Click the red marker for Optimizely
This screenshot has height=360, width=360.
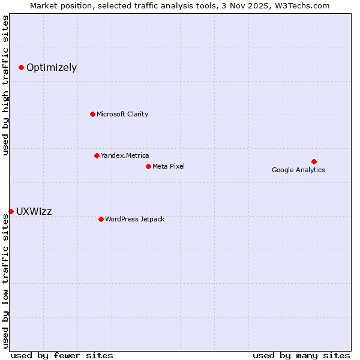pyautogui.click(x=21, y=67)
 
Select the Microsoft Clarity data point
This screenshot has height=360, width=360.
pyautogui.click(x=92, y=114)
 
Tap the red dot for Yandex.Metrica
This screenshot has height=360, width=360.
pyautogui.click(x=97, y=155)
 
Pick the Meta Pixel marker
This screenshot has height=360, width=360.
pyautogui.click(x=148, y=166)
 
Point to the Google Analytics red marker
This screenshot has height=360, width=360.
pyautogui.click(x=314, y=161)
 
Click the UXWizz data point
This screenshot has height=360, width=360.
pyautogui.click(x=11, y=211)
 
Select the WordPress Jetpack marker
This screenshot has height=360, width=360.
pyautogui.click(x=101, y=219)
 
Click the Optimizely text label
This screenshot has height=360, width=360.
pyautogui.click(x=52, y=67)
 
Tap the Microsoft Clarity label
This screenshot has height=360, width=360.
pyautogui.click(x=122, y=114)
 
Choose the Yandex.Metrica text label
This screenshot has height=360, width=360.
pyautogui.click(x=125, y=155)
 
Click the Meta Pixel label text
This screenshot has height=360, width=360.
pyautogui.click(x=169, y=166)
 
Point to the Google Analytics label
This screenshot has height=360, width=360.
pyautogui.click(x=298, y=170)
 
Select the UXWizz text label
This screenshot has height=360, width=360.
pyautogui.click(x=34, y=211)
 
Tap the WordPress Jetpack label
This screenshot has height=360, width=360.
pyautogui.click(x=134, y=219)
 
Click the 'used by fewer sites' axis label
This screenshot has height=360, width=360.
pyautogui.click(x=62, y=355)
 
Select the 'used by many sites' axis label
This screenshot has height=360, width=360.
pyautogui.click(x=301, y=355)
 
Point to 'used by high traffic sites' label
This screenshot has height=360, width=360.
pyautogui.click(x=6, y=85)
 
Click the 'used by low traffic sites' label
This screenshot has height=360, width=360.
pyautogui.click(x=6, y=280)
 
